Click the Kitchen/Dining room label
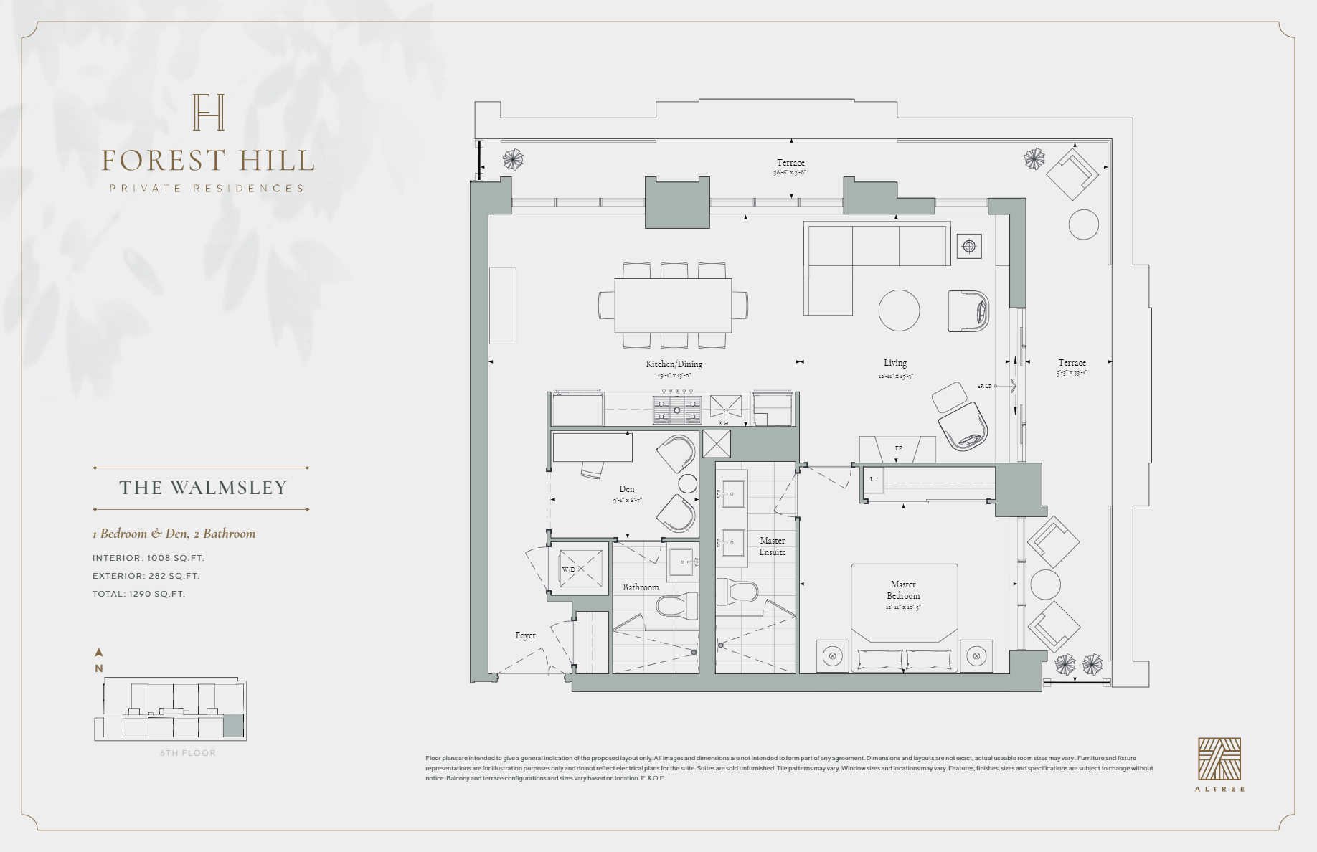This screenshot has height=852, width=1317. click(x=674, y=364)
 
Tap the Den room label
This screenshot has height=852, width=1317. click(x=626, y=489)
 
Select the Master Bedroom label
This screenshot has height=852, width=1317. click(x=903, y=590)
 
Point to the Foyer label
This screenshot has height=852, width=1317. click(x=525, y=635)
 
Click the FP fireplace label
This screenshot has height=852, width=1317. click(x=898, y=448)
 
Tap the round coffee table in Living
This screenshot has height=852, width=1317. click(x=899, y=310)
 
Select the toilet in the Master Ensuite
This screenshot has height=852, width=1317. click(x=738, y=592)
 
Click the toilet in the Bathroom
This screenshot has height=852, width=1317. click(x=678, y=607)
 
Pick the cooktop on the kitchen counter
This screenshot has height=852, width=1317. click(x=676, y=410)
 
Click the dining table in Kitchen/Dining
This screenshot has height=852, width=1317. click(x=673, y=305)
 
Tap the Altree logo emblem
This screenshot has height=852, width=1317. click(x=1219, y=759)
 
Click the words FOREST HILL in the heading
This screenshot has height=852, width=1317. click(x=208, y=161)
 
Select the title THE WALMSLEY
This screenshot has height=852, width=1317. click(x=202, y=488)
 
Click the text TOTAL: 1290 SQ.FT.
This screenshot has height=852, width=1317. click(x=138, y=594)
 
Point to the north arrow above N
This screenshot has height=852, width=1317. click(x=99, y=653)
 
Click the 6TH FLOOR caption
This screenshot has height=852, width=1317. click(x=188, y=753)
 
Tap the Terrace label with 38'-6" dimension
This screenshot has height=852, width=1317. click(x=790, y=164)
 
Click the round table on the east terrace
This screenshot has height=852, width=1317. click(x=1083, y=224)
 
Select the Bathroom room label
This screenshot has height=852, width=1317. click(x=641, y=587)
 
